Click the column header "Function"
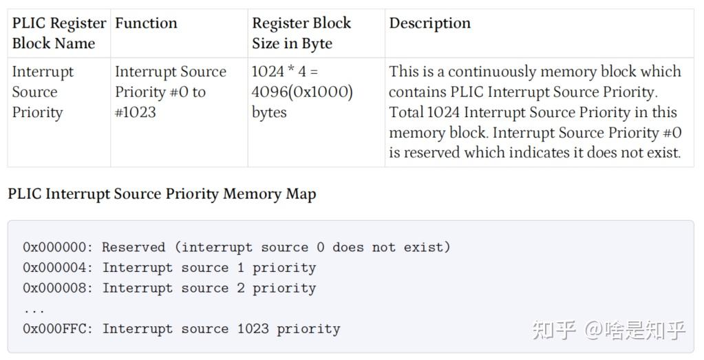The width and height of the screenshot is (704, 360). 146,23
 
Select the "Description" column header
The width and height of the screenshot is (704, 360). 429,23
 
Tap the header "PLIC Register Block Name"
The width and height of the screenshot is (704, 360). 58,33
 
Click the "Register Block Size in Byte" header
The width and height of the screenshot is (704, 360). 301,33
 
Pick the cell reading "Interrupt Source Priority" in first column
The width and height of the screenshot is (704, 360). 43,92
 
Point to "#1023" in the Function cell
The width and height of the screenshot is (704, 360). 135,113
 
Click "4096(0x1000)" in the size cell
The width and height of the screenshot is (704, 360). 302,92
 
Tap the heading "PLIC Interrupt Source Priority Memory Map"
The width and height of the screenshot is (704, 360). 162,194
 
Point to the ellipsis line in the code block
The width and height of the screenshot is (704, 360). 34,309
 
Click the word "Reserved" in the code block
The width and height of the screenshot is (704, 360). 134,247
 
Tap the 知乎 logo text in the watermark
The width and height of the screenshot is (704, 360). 553,330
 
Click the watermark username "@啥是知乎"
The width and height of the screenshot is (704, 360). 634,330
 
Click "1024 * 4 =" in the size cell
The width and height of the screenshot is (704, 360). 285,72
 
